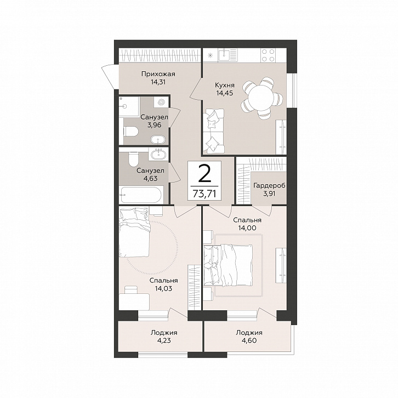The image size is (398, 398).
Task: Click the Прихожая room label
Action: pos(158,74)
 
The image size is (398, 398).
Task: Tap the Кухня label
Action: pos(224,85)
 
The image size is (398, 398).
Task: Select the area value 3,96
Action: pos(154,125)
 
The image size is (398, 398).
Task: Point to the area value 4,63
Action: pos(150,178)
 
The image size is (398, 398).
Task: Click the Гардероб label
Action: pos(269,185)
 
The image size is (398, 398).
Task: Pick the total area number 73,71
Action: pos(204,194)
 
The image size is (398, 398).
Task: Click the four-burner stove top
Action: pos(268,55)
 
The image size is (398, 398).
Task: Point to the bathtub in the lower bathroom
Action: pos(141,195)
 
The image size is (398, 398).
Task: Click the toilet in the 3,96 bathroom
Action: pos(131,132)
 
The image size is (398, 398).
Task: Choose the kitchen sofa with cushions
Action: pos(213,131)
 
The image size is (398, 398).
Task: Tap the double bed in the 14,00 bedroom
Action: pos(228,264)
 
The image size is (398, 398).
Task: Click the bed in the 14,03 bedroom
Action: pos(134,232)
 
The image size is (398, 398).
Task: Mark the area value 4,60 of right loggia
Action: pos(249,340)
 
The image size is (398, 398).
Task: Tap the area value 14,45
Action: pos(224,93)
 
